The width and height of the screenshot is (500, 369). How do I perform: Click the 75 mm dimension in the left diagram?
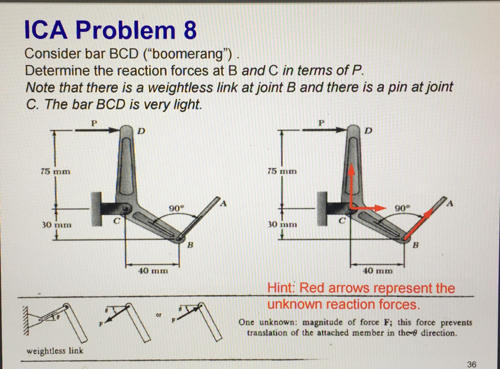pyautogui.click(x=55, y=172)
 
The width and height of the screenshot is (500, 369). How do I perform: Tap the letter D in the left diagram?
pyautogui.click(x=141, y=130)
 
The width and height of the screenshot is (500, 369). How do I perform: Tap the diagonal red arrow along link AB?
pyautogui.click(x=421, y=223)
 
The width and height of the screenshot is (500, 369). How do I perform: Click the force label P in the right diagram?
pyautogui.click(x=321, y=123)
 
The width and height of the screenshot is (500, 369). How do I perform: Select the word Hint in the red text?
pyautogui.click(x=282, y=288)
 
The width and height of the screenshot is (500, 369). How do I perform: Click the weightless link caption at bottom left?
pyautogui.click(x=54, y=350)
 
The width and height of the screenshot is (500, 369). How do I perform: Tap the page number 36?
pyautogui.click(x=471, y=364)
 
